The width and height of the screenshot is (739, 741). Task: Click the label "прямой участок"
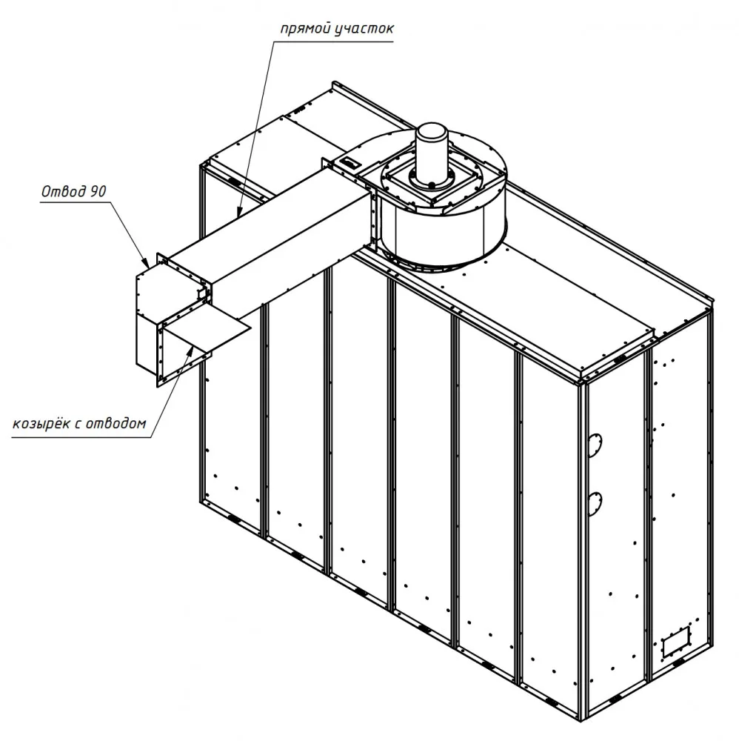coord(337,30)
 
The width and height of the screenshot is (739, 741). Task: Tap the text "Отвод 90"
coord(73,191)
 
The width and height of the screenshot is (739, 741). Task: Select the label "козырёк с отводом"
coord(79,423)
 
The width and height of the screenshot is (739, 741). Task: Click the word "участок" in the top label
coord(364,30)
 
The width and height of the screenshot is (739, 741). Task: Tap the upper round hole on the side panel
coord(595,445)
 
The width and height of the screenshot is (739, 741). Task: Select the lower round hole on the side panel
coord(595,502)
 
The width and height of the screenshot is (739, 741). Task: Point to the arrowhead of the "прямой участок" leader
coord(239,212)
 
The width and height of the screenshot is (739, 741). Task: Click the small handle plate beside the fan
coord(351,163)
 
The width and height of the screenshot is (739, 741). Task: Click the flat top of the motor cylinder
coord(432,129)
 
